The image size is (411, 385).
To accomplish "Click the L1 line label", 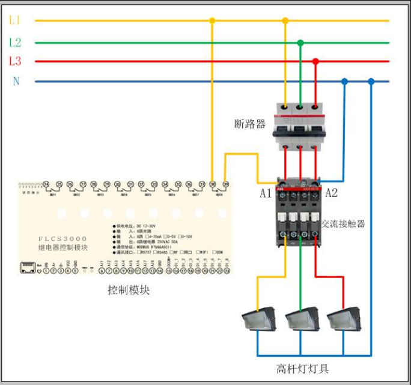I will point(15,20).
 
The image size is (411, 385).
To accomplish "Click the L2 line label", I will point(15,43).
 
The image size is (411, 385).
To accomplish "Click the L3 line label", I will point(15,61).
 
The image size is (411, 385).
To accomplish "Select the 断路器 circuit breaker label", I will point(250,124).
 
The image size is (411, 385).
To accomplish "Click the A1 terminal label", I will point(266,193).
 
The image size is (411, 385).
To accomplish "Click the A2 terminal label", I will point(331,193).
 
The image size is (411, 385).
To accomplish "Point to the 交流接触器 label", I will point(344,224).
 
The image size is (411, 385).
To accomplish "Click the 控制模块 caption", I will point(129,290).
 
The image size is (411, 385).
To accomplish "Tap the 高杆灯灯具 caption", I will point(303,368).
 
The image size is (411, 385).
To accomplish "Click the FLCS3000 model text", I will point(63,238).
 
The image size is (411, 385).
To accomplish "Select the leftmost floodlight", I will point(258,319).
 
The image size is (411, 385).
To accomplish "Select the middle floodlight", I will point(302,319).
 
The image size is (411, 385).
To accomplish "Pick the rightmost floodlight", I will point(344,319).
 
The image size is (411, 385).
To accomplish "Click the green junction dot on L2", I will point(300,43).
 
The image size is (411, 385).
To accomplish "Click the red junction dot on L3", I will point(315,61).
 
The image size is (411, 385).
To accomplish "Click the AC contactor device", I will point(298,212).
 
